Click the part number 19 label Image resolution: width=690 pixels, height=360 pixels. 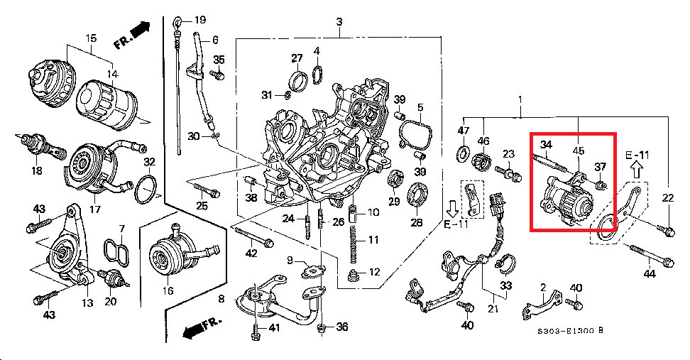pyautogui.click(x=199, y=20)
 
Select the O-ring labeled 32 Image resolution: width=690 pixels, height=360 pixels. pyautogui.click(x=146, y=190)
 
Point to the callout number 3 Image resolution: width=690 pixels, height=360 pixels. pyautogui.click(x=339, y=21)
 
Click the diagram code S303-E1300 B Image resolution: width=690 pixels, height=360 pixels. pyautogui.click(x=570, y=330)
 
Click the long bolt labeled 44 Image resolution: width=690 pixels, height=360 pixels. pyautogui.click(x=652, y=256)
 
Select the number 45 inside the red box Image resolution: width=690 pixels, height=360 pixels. pyautogui.click(x=579, y=151)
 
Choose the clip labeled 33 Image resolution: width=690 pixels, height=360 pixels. pyautogui.click(x=505, y=263)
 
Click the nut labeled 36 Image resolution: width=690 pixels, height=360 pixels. pyautogui.click(x=322, y=327)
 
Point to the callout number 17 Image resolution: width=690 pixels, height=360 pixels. pyautogui.click(x=95, y=209)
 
